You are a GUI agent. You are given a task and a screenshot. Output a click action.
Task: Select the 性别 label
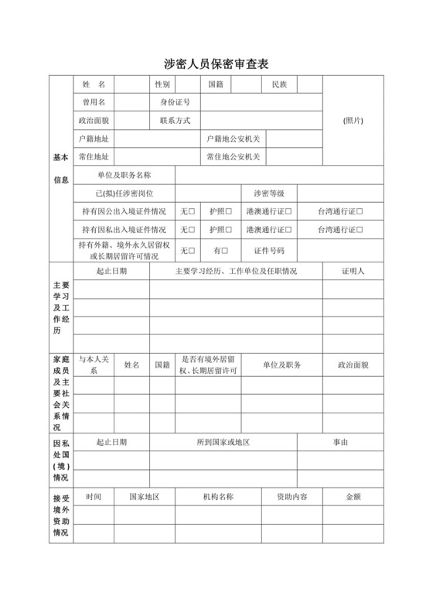162,84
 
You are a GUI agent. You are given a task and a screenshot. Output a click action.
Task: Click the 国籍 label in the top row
215,84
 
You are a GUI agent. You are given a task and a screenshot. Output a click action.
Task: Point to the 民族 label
279,84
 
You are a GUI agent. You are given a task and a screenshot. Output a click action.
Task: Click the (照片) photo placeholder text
353,120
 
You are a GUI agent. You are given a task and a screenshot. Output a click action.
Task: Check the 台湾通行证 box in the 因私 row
360,230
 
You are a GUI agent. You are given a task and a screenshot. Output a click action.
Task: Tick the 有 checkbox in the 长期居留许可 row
226,251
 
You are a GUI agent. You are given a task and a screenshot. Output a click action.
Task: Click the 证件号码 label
269,251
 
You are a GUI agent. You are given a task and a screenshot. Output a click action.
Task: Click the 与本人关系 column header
94,365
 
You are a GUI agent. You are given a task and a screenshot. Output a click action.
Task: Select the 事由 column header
341,442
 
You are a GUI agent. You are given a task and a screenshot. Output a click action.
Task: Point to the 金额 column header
354,497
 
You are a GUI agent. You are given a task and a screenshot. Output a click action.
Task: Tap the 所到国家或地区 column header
223,442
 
